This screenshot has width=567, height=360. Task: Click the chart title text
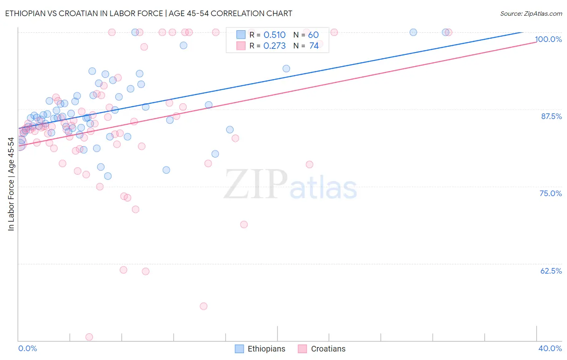tap(148, 13)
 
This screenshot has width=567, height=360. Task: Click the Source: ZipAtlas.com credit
tap(531, 13)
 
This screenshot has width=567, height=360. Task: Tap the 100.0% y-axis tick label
tap(548, 39)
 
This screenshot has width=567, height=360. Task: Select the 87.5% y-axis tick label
tap(551, 116)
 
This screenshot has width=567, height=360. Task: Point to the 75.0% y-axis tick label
tap(550, 193)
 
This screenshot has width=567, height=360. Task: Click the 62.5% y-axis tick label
tap(551, 271)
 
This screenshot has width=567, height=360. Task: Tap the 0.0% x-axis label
tap(27, 348)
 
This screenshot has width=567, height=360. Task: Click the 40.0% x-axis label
tap(550, 348)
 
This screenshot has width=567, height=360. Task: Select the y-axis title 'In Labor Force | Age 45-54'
tap(11, 184)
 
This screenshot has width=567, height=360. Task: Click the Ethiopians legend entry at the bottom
tap(260, 349)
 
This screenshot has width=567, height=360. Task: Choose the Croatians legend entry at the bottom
tap(322, 349)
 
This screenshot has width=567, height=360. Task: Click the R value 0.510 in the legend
tap(274, 35)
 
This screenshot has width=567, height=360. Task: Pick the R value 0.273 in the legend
tap(274, 46)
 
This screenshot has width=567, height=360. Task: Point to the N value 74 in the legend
tap(314, 46)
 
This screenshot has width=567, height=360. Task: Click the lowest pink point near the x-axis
tap(89, 337)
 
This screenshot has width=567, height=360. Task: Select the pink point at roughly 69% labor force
tap(244, 224)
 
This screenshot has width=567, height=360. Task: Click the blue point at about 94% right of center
tap(286, 69)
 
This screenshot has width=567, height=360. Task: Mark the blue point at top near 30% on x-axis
tap(413, 32)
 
